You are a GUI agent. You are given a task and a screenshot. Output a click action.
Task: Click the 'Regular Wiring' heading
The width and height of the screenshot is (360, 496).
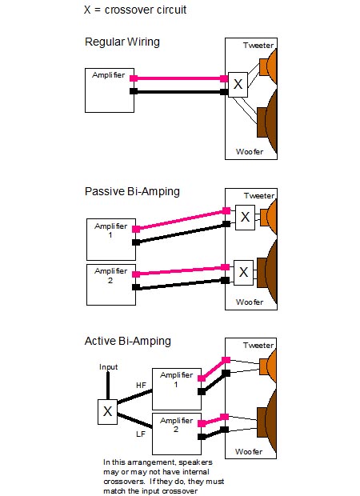coord(122,42)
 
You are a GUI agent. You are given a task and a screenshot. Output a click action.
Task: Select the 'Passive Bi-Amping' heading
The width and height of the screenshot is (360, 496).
coord(132,192)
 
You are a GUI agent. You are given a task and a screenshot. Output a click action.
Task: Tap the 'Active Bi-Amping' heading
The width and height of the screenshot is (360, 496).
coord(128,341)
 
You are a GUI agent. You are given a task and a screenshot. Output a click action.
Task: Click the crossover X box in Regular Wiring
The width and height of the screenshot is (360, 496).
coord(238,85)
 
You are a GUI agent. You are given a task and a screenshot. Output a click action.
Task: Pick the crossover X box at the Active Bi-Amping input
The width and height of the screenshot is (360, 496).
coord(107,412)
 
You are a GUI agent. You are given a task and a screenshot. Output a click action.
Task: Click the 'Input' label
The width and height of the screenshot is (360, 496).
coord(108,367)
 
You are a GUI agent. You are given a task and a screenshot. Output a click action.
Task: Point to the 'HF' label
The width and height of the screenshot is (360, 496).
coord(141,386)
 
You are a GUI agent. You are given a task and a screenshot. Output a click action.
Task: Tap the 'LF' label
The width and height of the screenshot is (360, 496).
coord(141,434)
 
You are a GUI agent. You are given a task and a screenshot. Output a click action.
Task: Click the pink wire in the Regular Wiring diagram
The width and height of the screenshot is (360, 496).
coord(178,78)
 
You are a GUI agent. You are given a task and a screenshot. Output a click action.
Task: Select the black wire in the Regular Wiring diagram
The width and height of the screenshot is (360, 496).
coord(178,92)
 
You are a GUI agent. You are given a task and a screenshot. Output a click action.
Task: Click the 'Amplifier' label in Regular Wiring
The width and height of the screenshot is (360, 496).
coord(109,75)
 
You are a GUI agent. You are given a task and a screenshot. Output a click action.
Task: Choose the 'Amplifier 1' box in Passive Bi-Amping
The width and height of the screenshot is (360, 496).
coord(111,239)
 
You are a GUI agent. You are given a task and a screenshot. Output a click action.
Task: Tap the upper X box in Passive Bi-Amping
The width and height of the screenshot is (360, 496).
coord(245,218)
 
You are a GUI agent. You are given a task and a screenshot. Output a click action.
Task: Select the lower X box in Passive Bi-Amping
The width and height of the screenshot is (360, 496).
coord(243,273)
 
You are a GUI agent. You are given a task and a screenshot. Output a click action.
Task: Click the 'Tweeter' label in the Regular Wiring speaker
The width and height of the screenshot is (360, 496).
coord(258,46)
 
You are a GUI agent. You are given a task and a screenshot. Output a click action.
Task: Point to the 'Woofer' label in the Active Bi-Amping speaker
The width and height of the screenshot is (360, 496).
coord(249,452)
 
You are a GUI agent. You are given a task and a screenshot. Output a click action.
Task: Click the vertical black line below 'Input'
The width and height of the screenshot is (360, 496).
coord(108,386)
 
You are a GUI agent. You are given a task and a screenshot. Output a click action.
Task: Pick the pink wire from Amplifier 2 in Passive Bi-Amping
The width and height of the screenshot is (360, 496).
coord(181,270)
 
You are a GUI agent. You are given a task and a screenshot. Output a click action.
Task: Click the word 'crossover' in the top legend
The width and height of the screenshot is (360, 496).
coord(125,10)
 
